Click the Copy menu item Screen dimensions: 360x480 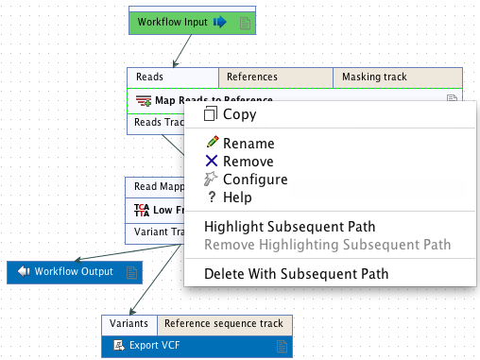pyautogui.click(x=239, y=114)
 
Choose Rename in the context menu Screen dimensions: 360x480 pyautogui.click(x=249, y=144)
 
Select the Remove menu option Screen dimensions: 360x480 pyautogui.click(x=249, y=162)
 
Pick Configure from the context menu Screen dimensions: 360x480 pyautogui.click(x=255, y=180)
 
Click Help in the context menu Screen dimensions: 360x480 pyautogui.click(x=237, y=197)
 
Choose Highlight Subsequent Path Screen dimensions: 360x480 pyautogui.click(x=290, y=227)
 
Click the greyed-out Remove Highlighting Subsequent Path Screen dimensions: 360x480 pyautogui.click(x=327, y=245)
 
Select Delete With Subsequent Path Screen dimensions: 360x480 pyautogui.click(x=297, y=274)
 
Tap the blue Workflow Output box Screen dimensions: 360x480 pyautogui.click(x=75, y=272)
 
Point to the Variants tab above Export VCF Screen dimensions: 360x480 pyautogui.click(x=129, y=324)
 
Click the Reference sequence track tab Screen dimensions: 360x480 pyautogui.click(x=224, y=324)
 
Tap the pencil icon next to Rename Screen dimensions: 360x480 pyautogui.click(x=212, y=144)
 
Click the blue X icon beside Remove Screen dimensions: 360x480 pyautogui.click(x=212, y=162)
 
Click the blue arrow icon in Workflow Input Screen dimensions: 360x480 pyautogui.click(x=219, y=22)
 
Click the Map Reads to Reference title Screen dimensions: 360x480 pyautogui.click(x=213, y=100)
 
